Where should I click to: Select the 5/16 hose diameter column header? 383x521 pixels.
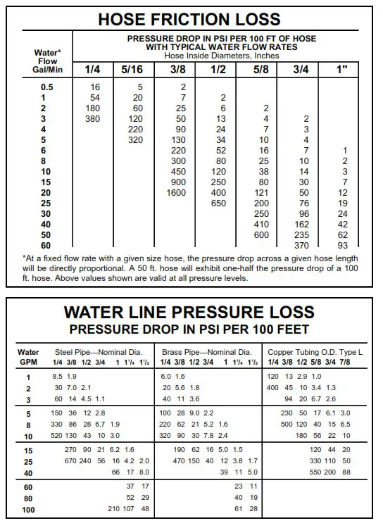(x=133, y=69)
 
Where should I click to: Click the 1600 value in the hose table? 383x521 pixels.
(x=177, y=192)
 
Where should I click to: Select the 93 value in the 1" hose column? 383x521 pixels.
(x=343, y=245)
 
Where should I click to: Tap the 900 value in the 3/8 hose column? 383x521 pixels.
(x=178, y=182)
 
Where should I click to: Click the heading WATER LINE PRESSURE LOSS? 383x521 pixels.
(x=189, y=312)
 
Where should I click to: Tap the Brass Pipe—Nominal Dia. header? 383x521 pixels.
(x=206, y=351)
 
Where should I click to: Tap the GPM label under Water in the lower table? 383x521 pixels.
(x=28, y=361)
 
